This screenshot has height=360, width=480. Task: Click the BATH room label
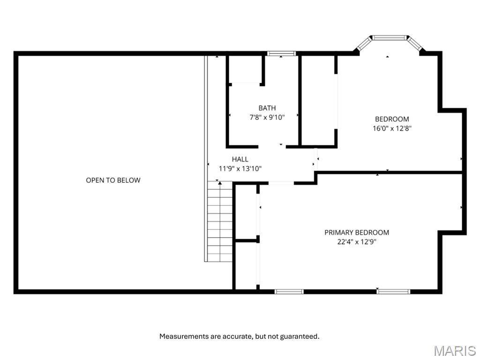click(267, 108)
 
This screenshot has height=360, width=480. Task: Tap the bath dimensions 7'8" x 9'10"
click(267, 117)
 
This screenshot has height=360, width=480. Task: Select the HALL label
click(240, 159)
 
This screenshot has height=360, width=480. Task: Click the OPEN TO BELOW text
click(113, 180)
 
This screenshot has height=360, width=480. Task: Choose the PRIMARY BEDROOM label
click(357, 232)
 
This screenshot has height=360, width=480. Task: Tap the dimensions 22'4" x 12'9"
click(357, 242)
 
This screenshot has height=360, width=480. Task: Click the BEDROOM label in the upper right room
click(392, 119)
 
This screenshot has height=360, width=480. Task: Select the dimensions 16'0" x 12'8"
click(392, 128)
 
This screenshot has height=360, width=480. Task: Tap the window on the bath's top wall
click(281, 53)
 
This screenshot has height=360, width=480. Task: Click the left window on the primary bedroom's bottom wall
click(289, 292)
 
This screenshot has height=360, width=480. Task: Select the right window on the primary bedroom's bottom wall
click(393, 292)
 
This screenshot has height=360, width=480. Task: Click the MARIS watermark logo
click(454, 351)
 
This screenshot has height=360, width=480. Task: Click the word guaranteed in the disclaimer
click(301, 336)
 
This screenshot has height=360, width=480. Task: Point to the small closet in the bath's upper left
click(245, 70)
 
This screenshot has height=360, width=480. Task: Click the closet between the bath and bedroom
click(318, 100)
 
